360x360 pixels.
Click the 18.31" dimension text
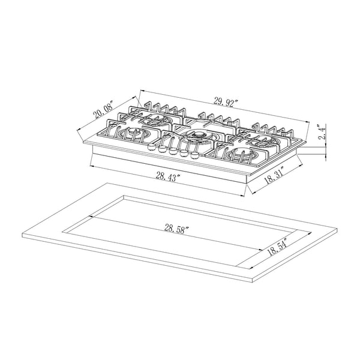[274, 178]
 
